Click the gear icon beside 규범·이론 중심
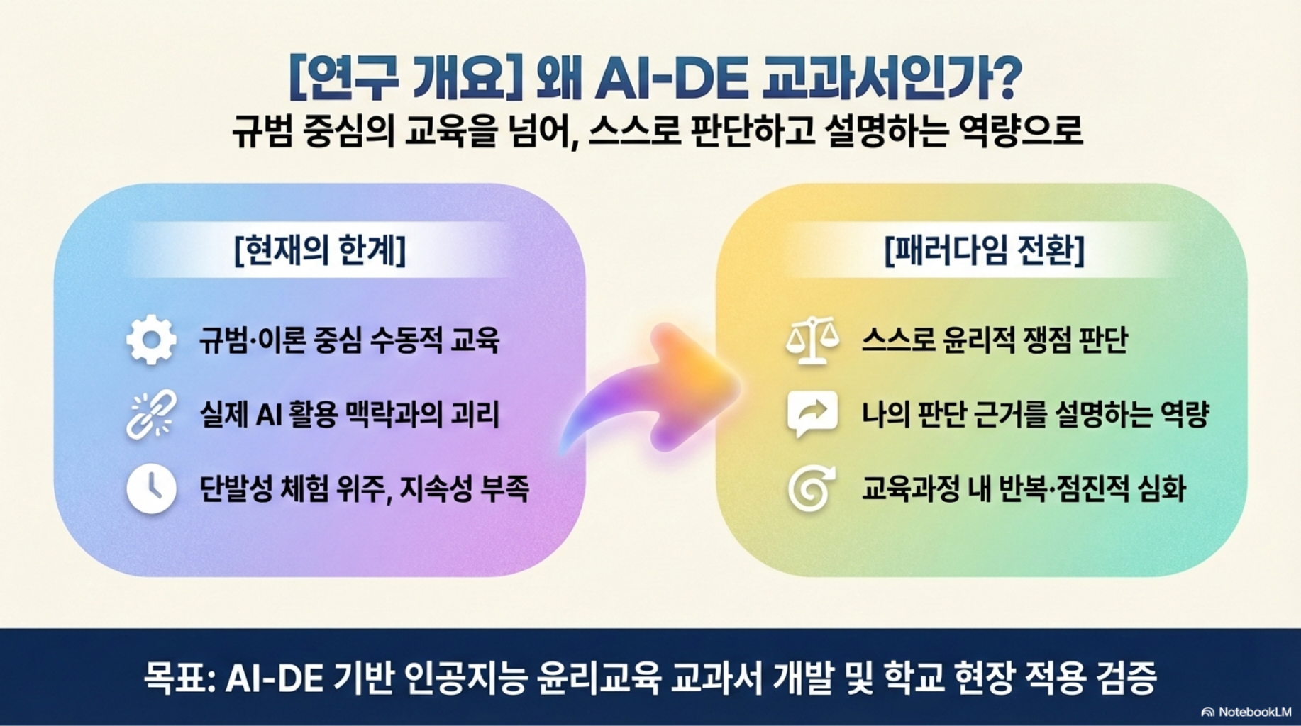(151, 340)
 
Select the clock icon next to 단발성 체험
(151, 488)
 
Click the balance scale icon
(812, 341)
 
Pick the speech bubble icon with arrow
(812, 414)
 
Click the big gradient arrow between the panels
(649, 389)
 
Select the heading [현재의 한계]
(320, 250)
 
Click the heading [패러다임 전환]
(985, 250)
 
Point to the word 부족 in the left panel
(504, 488)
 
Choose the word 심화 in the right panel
(1162, 488)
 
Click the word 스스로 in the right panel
(897, 340)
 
